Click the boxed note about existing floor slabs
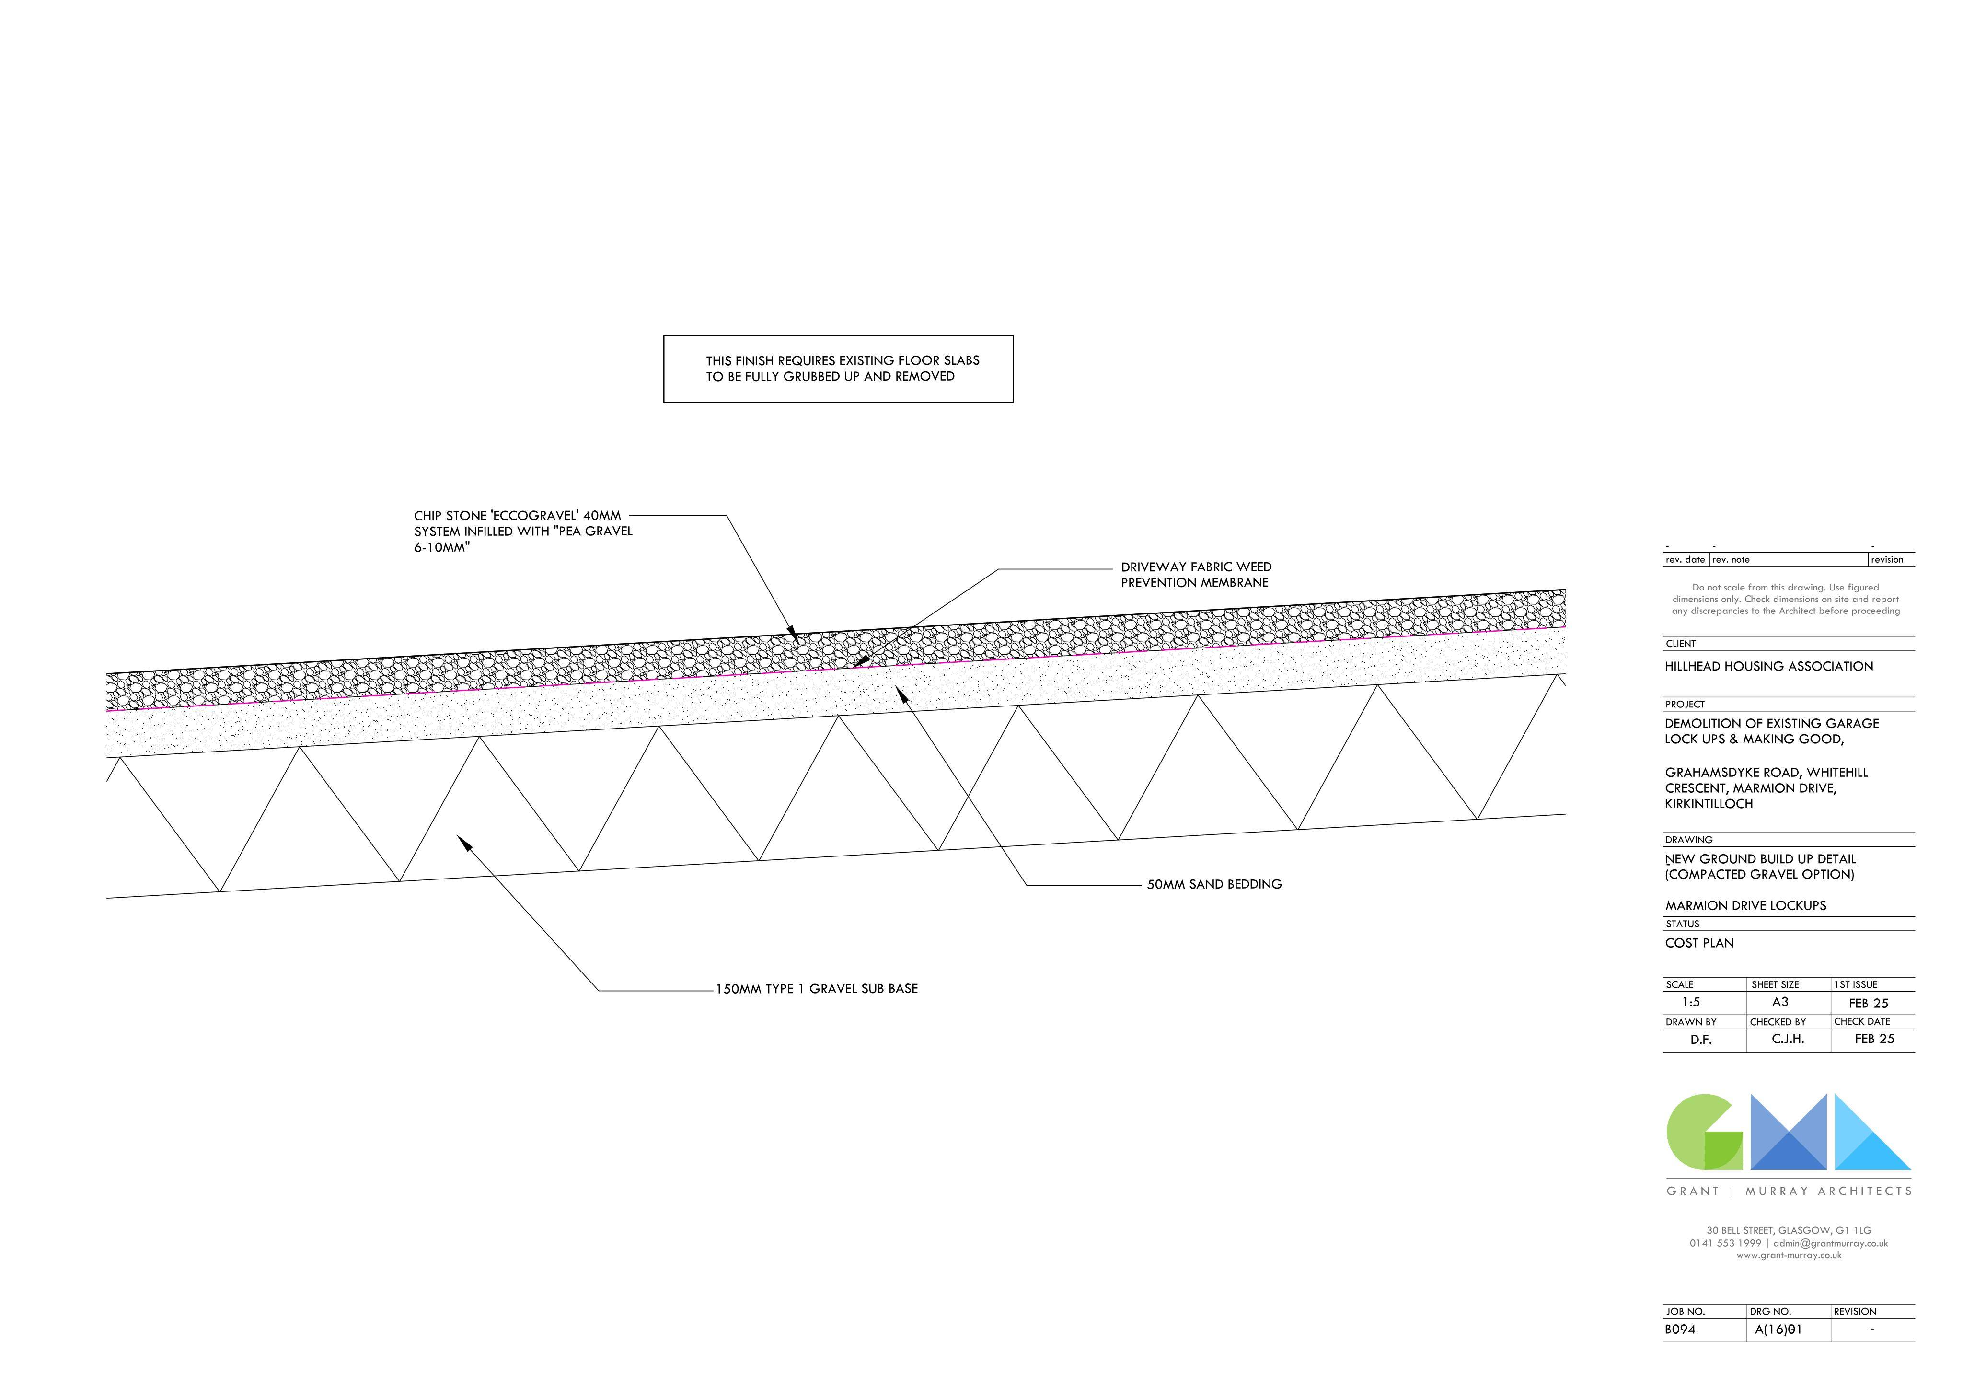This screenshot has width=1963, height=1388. pyautogui.click(x=838, y=369)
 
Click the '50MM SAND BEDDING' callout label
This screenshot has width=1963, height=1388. pyautogui.click(x=1214, y=884)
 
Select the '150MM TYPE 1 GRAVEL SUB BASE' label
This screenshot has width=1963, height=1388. pyautogui.click(x=817, y=989)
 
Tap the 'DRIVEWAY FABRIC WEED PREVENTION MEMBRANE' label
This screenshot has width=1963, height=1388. pyautogui.click(x=1196, y=575)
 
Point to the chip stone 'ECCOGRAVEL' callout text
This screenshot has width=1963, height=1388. pyautogui.click(x=523, y=531)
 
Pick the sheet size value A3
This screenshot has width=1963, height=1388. pyautogui.click(x=1780, y=1002)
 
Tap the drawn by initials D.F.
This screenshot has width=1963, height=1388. pyautogui.click(x=1700, y=1040)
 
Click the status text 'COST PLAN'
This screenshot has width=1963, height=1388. pyautogui.click(x=1700, y=943)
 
